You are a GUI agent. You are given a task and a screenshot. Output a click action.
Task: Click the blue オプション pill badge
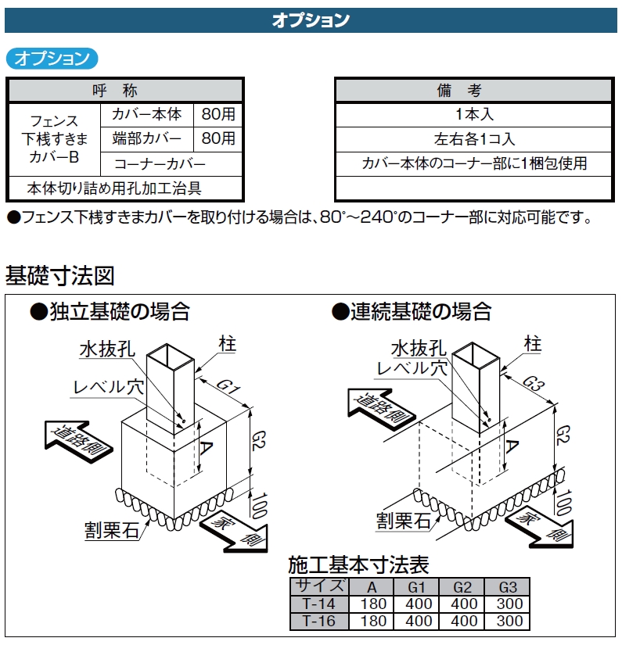point(52,59)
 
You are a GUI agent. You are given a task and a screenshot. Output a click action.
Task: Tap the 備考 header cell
point(474,90)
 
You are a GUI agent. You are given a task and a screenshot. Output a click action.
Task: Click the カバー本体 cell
point(146,114)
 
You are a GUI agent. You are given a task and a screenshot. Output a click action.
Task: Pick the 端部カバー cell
point(146,139)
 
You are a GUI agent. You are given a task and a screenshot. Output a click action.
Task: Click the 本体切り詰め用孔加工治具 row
point(114,188)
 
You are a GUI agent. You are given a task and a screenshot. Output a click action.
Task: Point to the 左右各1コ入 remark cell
point(474,139)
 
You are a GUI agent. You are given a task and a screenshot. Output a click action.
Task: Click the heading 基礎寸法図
point(59,275)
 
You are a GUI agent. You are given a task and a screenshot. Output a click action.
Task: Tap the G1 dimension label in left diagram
point(228,386)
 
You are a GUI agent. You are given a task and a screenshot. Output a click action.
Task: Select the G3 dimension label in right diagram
point(534,384)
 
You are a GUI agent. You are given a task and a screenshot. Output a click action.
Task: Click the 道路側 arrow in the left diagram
point(78,441)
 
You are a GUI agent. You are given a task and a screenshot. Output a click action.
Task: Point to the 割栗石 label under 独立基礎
point(112,530)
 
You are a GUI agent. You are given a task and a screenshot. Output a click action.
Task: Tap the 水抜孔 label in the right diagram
point(419,349)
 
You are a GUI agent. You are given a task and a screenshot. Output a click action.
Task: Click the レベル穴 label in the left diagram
point(109,387)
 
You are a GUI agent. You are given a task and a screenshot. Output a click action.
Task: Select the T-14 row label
point(319,604)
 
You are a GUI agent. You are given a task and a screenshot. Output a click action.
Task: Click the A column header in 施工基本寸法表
point(372,587)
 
